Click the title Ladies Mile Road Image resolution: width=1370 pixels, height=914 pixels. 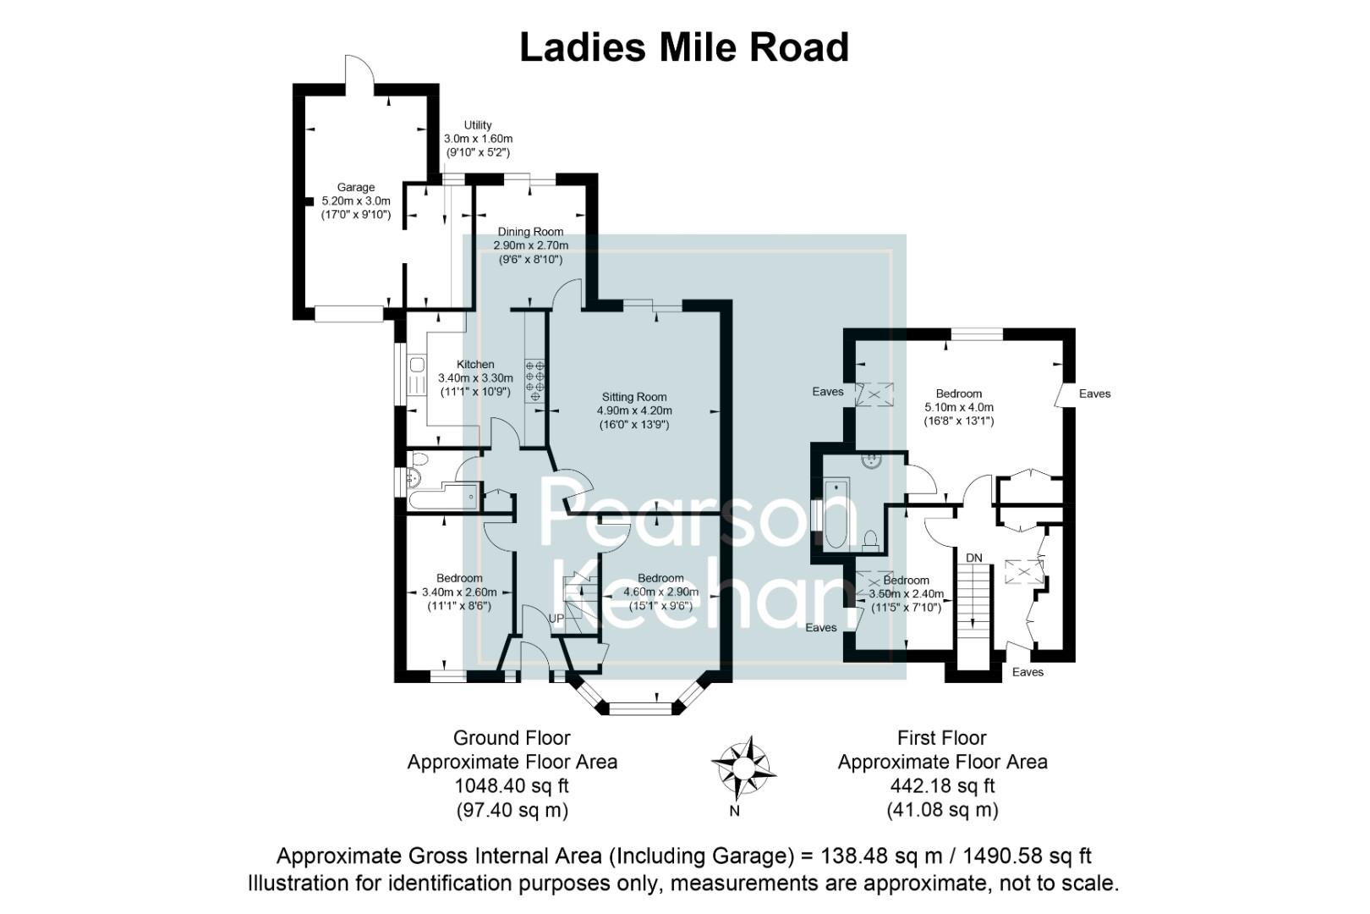(x=683, y=47)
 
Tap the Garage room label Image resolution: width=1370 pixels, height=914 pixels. (x=356, y=187)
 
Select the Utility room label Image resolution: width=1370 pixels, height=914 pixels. (x=478, y=125)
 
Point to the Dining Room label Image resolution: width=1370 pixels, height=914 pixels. (x=530, y=232)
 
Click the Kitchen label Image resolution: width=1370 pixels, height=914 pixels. (x=474, y=365)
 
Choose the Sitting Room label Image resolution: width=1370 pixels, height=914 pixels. (x=634, y=397)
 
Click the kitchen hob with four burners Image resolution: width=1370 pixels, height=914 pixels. (x=535, y=379)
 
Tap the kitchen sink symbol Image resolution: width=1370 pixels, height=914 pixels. (x=417, y=365)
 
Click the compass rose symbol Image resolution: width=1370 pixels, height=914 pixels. (x=743, y=768)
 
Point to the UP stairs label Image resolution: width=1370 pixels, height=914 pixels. (x=556, y=619)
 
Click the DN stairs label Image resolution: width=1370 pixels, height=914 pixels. (x=974, y=558)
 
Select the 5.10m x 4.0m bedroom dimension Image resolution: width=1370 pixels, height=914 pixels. (x=959, y=407)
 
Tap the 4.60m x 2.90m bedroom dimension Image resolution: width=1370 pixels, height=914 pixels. (x=660, y=592)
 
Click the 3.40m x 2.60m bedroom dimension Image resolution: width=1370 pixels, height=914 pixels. (x=459, y=592)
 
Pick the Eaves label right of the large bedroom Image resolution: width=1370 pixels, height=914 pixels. (x=1094, y=394)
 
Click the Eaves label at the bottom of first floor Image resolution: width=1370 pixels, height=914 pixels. (x=1027, y=672)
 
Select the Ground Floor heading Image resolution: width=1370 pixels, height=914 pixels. (x=512, y=738)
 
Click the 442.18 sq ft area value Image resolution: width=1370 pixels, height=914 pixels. (x=942, y=785)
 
